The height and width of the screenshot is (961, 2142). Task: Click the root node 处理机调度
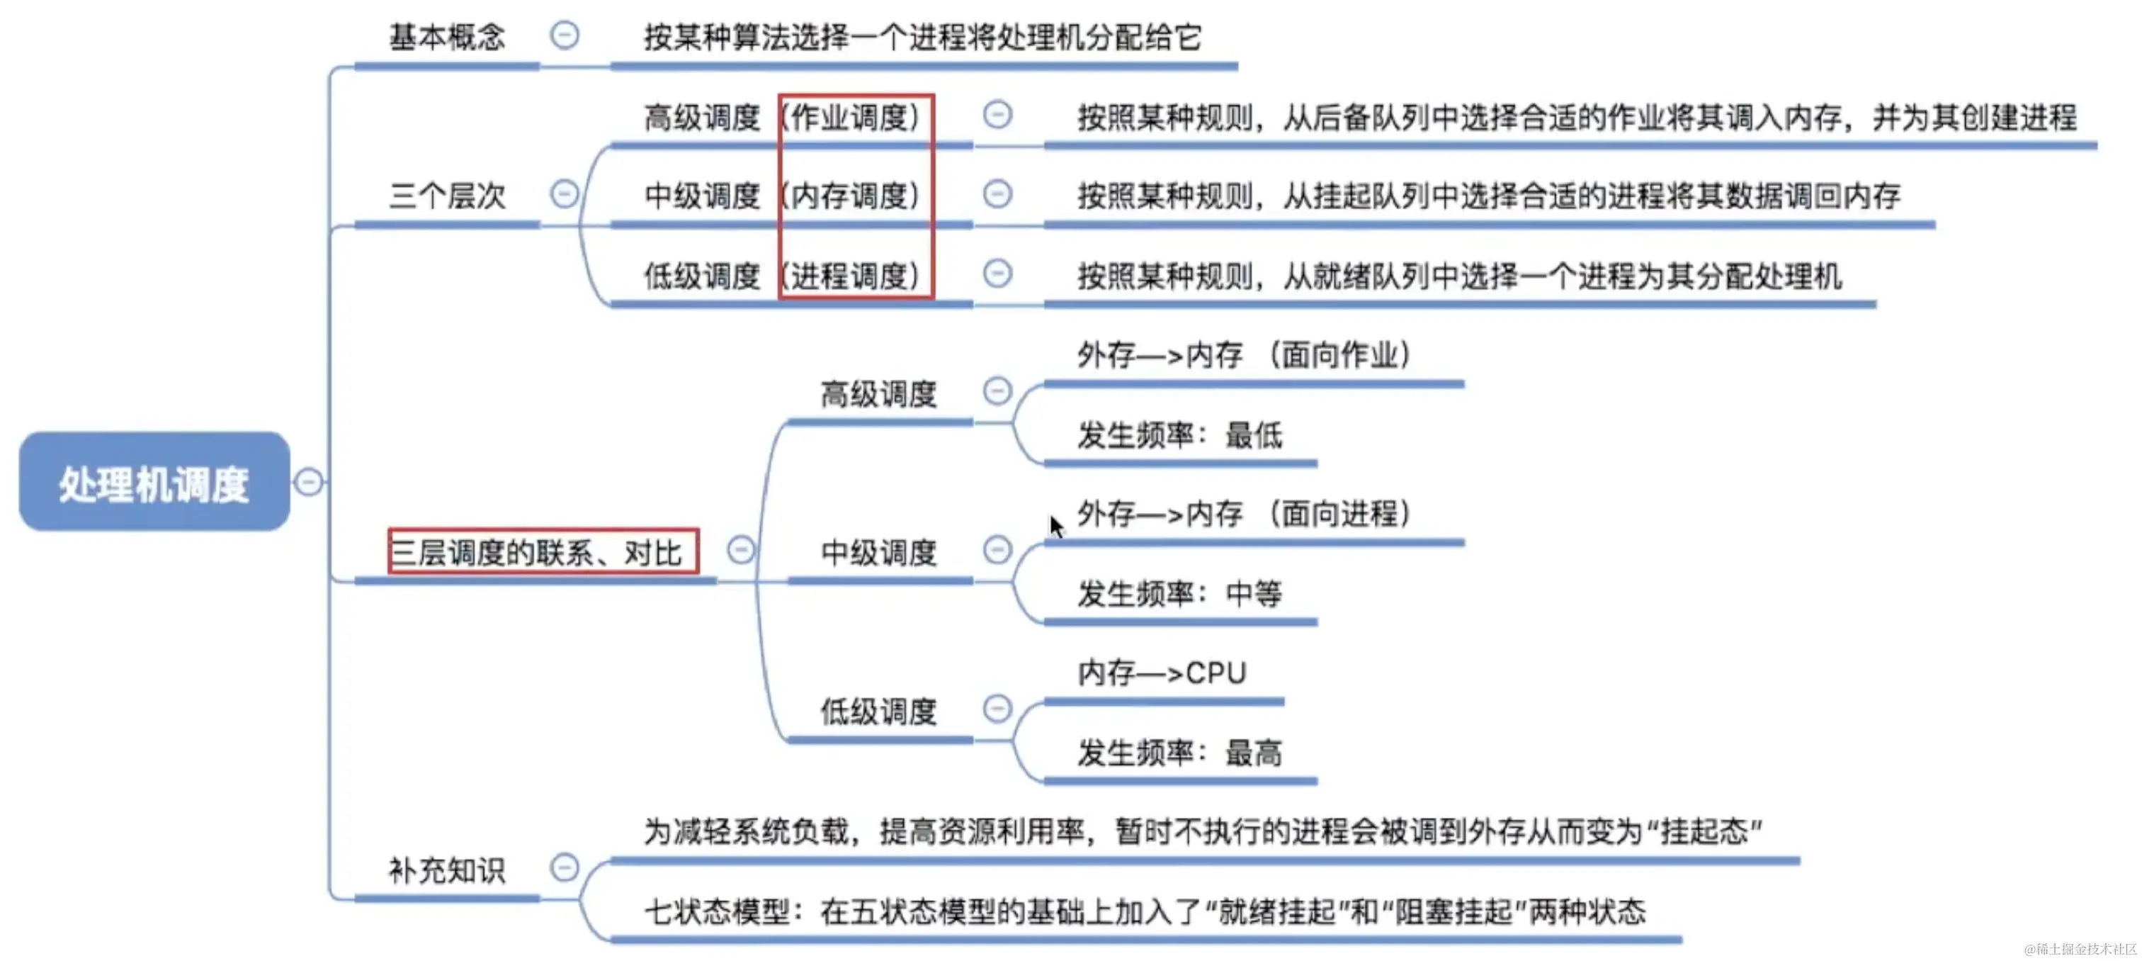(154, 482)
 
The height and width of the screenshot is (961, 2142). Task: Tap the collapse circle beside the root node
(309, 482)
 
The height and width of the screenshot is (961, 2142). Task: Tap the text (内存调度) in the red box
(855, 196)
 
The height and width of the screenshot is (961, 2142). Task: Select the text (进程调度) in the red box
(855, 276)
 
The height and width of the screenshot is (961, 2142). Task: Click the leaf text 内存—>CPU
(1162, 673)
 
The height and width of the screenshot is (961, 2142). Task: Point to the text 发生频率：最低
(1179, 434)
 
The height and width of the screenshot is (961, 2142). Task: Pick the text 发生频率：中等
(1179, 593)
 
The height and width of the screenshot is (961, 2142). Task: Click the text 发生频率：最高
(1179, 752)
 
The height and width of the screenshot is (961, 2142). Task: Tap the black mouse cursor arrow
(1056, 526)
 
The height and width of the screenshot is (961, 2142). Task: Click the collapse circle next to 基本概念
(565, 35)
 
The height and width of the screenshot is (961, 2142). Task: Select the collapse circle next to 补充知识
(565, 868)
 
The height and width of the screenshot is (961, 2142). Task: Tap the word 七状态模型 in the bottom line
(716, 911)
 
